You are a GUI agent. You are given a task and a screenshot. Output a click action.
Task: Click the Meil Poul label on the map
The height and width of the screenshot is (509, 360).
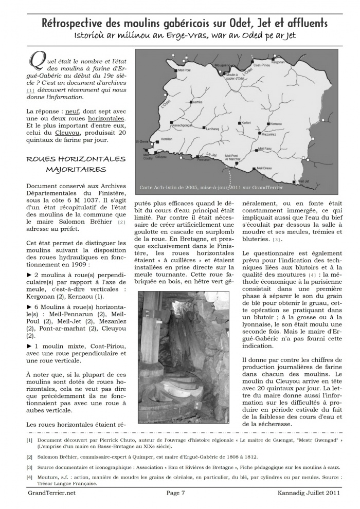tap(184, 69)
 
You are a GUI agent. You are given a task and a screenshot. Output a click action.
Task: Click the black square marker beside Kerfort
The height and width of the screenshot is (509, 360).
tap(239, 123)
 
